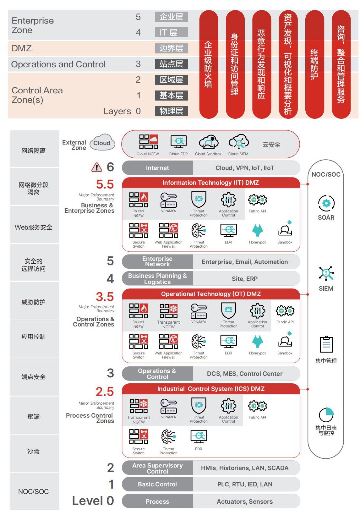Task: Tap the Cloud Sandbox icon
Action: click(x=208, y=142)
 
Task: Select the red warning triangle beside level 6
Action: click(x=97, y=167)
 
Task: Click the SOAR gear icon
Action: click(x=326, y=203)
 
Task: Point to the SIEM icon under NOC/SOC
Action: click(x=326, y=273)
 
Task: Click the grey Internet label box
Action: click(x=157, y=168)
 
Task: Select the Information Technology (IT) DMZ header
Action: click(x=210, y=183)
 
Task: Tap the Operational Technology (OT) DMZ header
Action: click(x=210, y=294)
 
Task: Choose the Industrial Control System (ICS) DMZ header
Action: click(x=210, y=389)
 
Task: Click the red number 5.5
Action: click(x=105, y=184)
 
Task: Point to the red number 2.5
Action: click(x=105, y=392)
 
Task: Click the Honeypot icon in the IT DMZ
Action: click(x=258, y=231)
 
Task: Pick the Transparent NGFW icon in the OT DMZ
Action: click(x=168, y=311)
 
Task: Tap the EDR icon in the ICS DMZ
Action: click(x=199, y=436)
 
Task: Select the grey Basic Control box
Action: click(x=157, y=485)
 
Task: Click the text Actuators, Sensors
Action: click(x=245, y=502)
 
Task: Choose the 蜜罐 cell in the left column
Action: click(x=34, y=417)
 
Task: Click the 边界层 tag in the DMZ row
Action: click(x=171, y=48)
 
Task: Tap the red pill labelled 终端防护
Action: click(x=314, y=64)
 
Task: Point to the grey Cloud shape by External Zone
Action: click(x=102, y=143)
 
